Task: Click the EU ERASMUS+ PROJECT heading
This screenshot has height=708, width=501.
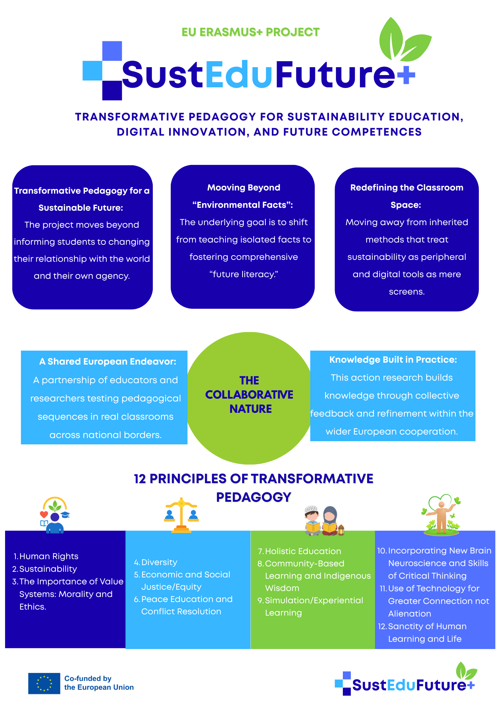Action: point(251,32)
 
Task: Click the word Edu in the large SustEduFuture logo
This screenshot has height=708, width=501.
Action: point(239,74)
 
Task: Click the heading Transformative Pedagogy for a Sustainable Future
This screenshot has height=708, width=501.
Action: point(82,199)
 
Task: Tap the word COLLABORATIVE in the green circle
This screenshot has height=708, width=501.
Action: point(249,395)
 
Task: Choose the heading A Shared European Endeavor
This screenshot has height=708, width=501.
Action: point(108,361)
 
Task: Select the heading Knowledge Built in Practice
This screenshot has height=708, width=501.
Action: point(393,360)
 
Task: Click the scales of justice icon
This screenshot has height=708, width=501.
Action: point(181,515)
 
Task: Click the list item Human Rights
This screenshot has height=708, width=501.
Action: point(49,556)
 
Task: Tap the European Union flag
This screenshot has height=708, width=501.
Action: point(44,683)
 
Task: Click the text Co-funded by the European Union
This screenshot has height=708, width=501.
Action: point(99,683)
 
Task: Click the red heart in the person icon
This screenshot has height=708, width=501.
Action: point(44,514)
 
